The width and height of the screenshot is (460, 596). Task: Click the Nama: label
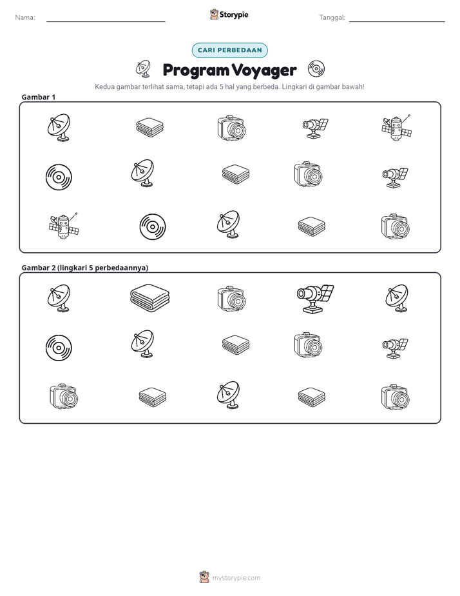[x=25, y=17]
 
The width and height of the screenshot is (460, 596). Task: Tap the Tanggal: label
[x=332, y=18]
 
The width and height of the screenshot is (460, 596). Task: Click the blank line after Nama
[x=106, y=21]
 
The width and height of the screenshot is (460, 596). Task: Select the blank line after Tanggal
[x=397, y=21]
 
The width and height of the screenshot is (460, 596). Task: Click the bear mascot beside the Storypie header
[x=214, y=14]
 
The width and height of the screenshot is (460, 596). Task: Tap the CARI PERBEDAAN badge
[x=229, y=50]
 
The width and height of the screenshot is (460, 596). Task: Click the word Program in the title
[x=196, y=70]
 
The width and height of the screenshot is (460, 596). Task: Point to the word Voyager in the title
[x=264, y=70]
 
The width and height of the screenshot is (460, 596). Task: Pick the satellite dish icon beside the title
[x=143, y=68]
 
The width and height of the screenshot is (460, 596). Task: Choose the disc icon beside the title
[x=316, y=69]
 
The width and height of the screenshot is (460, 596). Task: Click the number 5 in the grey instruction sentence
[x=221, y=86]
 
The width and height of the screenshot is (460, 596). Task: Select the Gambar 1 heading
[x=39, y=97]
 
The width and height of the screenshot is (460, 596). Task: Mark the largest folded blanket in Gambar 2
[x=149, y=299]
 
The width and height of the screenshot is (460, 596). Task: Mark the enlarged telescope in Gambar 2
[x=315, y=299]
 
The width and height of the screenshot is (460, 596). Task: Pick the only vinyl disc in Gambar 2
[x=59, y=348]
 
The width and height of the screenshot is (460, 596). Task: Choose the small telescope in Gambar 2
[x=395, y=348]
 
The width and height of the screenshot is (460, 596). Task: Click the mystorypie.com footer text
[x=236, y=578]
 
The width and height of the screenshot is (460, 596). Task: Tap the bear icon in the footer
[x=204, y=577]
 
